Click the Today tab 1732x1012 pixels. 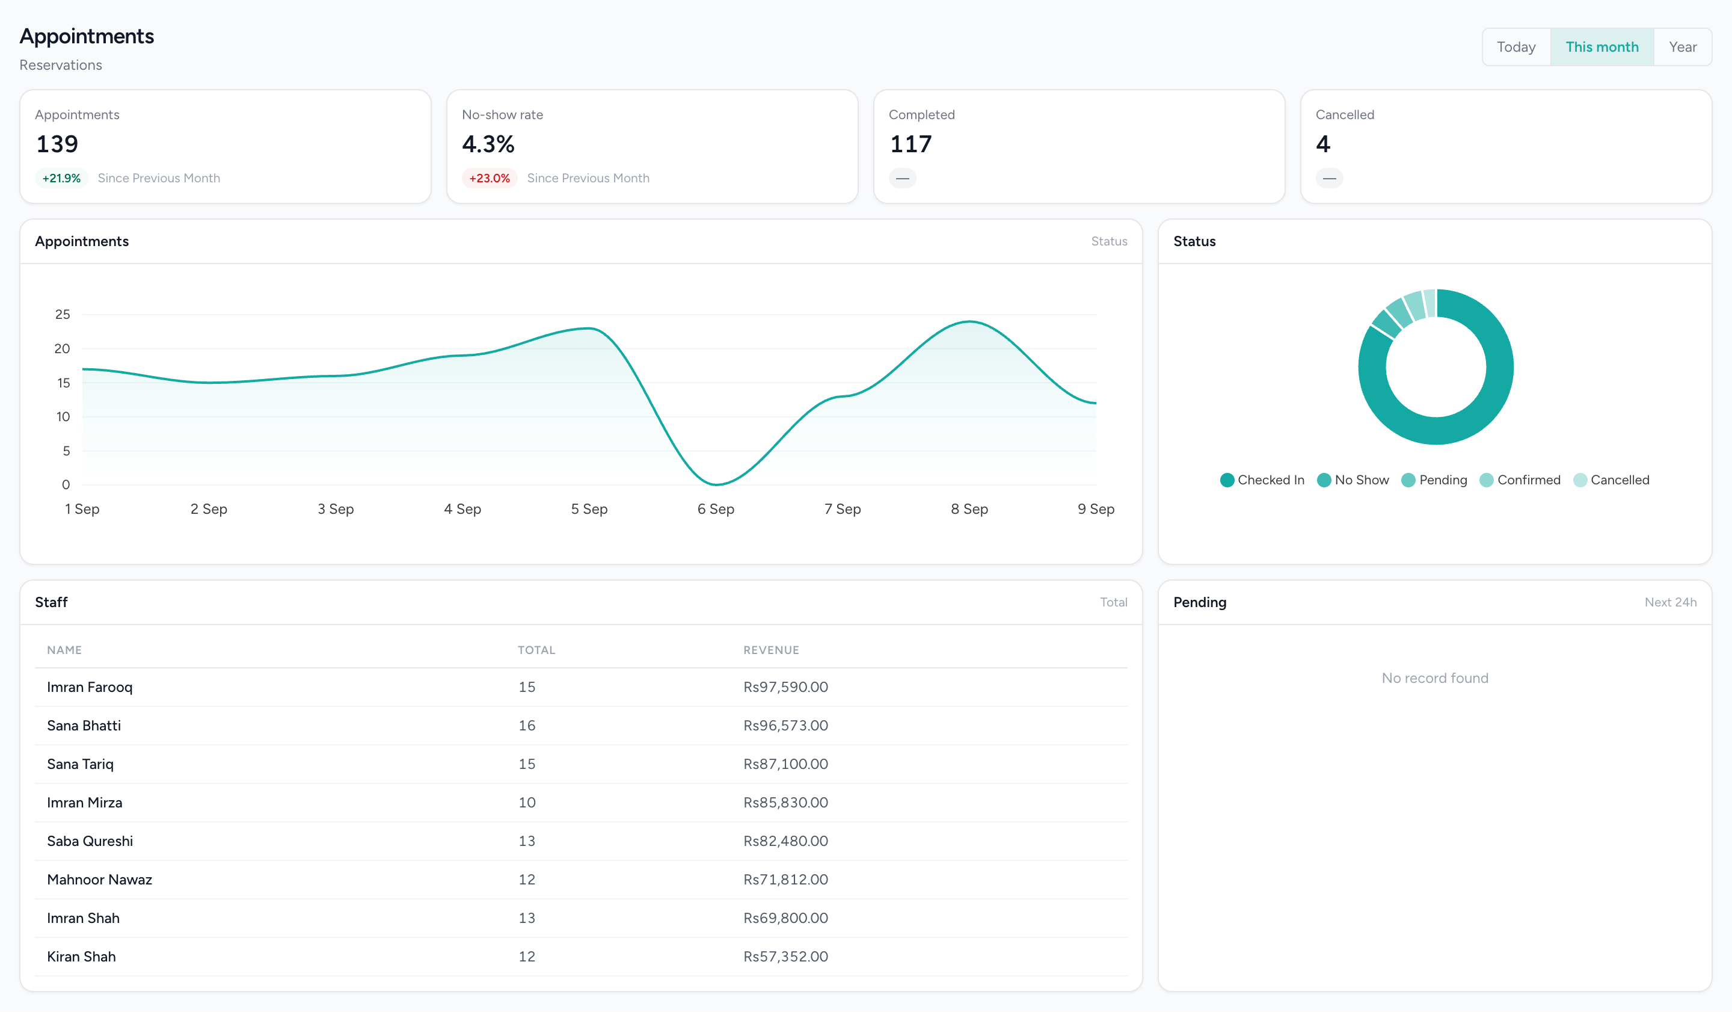point(1515,47)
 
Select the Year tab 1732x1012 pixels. point(1683,47)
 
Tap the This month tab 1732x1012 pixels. point(1602,47)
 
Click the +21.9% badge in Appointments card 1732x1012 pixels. point(61,178)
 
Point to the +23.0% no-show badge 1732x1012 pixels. point(490,178)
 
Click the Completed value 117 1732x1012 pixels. point(911,144)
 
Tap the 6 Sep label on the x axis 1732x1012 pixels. point(716,509)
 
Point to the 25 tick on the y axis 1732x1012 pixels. point(63,314)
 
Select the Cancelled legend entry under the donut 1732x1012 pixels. point(1611,480)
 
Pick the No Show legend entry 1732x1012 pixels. point(1353,480)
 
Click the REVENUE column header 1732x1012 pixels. point(771,650)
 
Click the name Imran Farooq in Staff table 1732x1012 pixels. point(90,687)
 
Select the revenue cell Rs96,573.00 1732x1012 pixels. point(785,726)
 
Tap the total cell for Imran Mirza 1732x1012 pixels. point(526,802)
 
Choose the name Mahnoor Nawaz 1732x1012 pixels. point(99,879)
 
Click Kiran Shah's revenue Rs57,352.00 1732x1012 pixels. point(785,956)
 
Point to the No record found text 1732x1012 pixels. point(1435,678)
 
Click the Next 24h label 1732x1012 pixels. point(1670,602)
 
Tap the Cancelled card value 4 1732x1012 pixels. point(1323,144)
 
